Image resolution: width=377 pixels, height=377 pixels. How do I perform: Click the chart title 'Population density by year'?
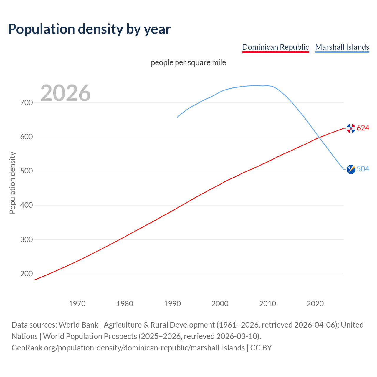(89, 29)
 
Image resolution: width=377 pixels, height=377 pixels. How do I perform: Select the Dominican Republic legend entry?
(275, 47)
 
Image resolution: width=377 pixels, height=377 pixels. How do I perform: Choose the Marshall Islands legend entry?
(342, 47)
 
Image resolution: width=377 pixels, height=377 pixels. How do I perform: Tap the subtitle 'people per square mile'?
(188, 63)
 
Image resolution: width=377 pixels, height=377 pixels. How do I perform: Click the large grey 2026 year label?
(65, 93)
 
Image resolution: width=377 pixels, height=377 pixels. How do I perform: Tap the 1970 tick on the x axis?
(77, 304)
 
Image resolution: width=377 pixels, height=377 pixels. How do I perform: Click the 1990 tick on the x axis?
(172, 304)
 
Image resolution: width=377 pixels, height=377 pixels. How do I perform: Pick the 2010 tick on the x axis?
(267, 304)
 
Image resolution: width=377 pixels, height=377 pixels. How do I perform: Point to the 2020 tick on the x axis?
(315, 304)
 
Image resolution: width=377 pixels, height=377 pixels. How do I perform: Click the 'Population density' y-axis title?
(12, 183)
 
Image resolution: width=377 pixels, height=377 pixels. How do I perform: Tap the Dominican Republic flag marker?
(351, 128)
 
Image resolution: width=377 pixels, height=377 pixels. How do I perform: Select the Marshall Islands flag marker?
(351, 169)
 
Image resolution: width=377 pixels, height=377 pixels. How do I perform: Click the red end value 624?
(363, 128)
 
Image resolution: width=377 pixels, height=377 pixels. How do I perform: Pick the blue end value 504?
(363, 169)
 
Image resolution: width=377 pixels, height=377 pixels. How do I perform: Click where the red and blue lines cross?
(319, 137)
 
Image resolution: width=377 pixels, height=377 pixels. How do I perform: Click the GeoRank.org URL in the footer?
(128, 348)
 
